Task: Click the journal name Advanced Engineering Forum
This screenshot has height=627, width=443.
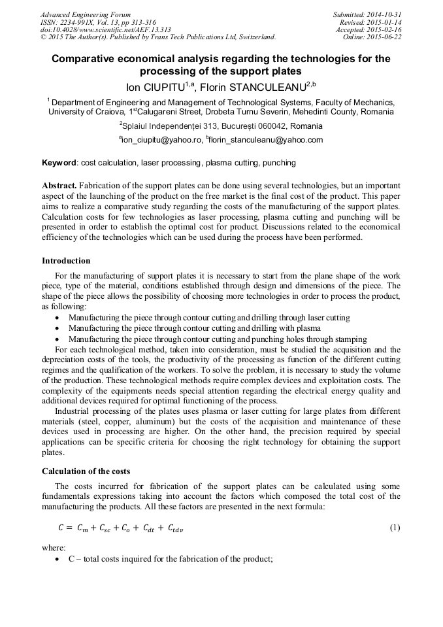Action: click(x=86, y=14)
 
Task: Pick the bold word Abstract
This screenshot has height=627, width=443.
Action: click(x=59, y=186)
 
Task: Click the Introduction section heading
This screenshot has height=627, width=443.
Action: click(x=66, y=260)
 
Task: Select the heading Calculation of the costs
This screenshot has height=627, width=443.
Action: click(x=86, y=471)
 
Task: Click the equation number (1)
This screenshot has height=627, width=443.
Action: click(x=394, y=528)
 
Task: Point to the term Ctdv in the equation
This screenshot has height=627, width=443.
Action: click(x=174, y=529)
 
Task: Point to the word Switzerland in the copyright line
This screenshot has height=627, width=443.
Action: click(x=255, y=37)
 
